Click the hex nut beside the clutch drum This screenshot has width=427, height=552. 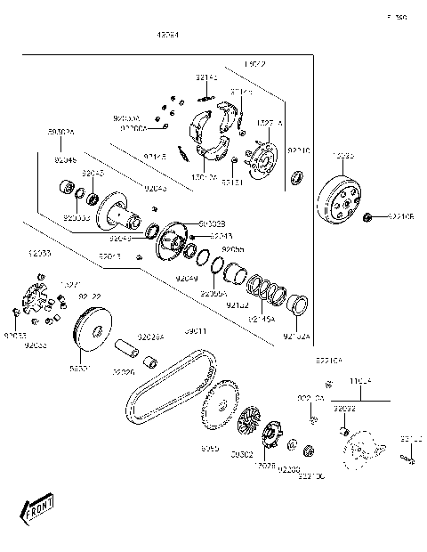(367, 216)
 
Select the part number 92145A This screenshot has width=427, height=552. (259, 317)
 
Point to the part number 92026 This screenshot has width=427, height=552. (123, 372)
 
